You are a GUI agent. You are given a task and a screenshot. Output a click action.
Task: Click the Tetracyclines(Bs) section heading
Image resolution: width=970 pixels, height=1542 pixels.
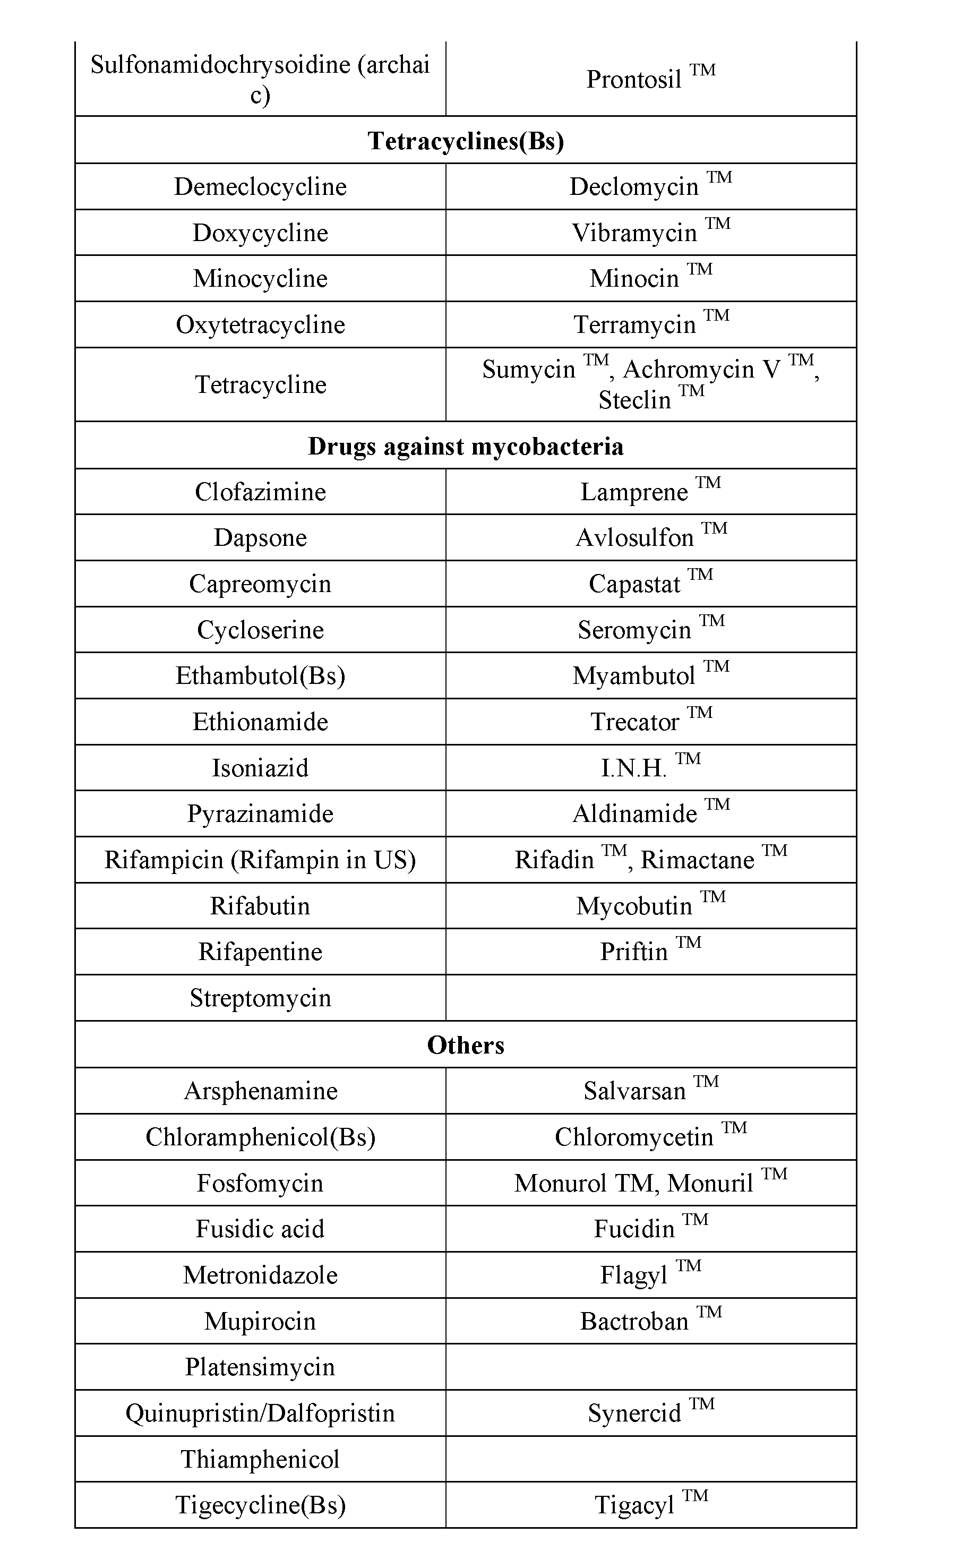(466, 141)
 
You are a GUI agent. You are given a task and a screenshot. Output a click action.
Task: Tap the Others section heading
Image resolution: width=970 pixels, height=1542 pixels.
(466, 1045)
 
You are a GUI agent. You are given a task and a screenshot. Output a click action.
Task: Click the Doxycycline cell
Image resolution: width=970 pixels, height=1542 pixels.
(260, 233)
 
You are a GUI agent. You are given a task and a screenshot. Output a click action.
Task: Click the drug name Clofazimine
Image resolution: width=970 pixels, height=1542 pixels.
(260, 492)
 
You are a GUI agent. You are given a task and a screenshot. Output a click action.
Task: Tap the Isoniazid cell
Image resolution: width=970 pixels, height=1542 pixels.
(260, 768)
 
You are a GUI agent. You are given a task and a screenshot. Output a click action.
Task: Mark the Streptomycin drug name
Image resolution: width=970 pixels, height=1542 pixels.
(260, 998)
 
